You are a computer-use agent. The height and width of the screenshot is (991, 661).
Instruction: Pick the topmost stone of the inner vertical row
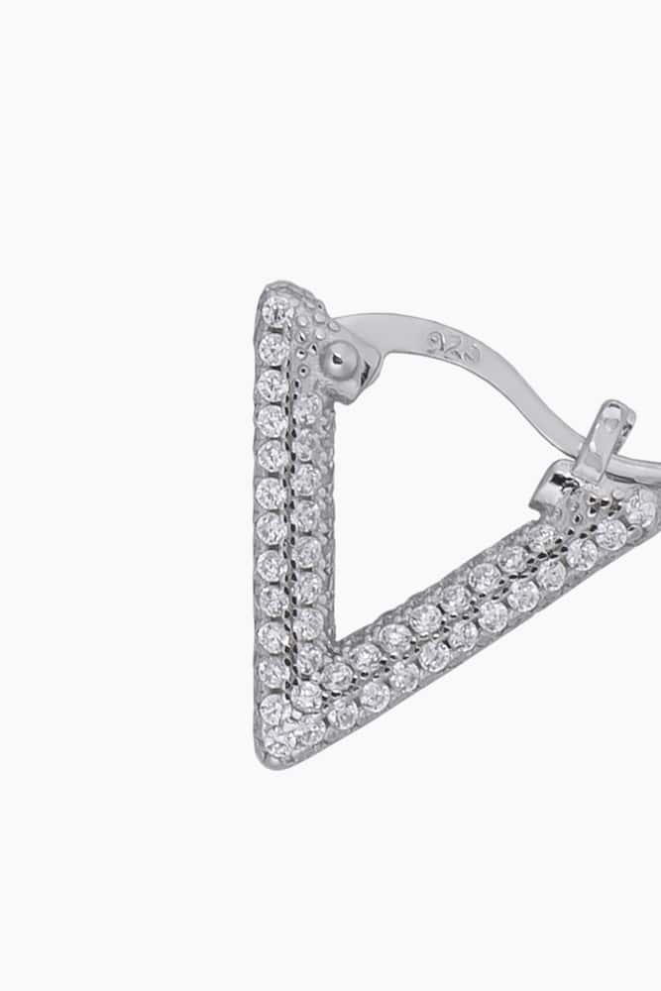[309, 405]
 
